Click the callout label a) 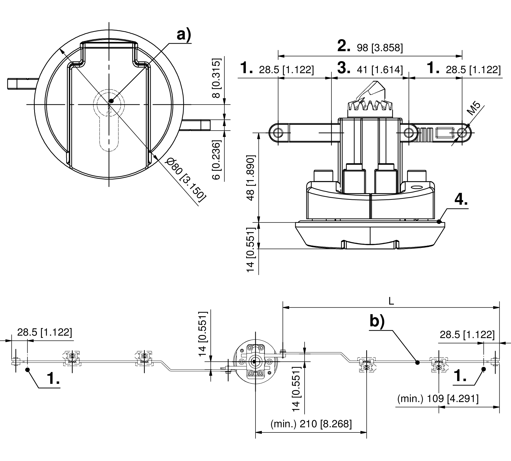[x=183, y=35]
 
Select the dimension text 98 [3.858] [x=379, y=47]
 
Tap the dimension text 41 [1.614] [x=379, y=70]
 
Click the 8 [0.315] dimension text [x=217, y=78]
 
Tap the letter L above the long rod [x=391, y=301]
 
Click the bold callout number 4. [x=461, y=200]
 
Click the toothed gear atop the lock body [x=370, y=106]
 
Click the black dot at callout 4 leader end [x=439, y=222]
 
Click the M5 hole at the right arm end [x=462, y=132]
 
